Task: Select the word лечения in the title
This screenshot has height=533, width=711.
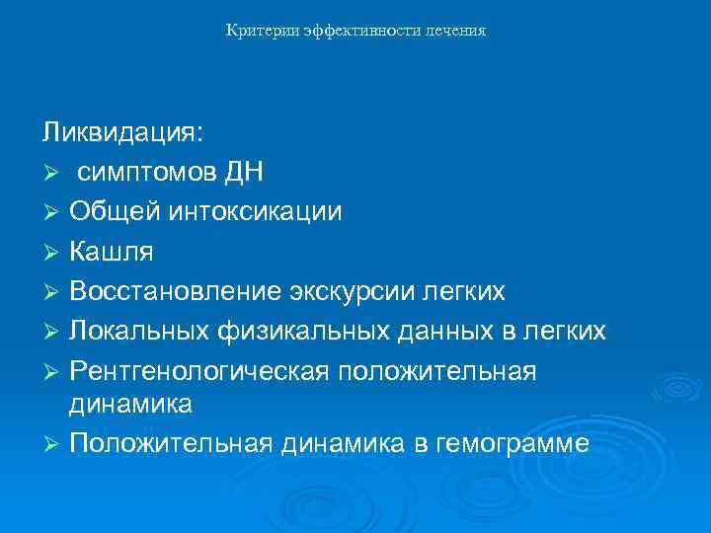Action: point(456,32)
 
